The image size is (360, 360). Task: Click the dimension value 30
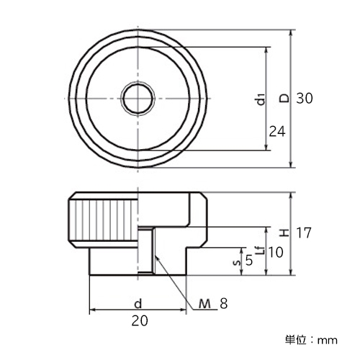305,99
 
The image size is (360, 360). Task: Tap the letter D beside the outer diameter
285,99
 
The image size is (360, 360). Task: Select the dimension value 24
277,132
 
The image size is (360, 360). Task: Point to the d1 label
261,99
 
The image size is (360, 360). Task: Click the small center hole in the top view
138,99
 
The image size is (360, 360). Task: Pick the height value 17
304,233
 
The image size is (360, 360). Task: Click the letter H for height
285,233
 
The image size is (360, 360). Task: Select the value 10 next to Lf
276,252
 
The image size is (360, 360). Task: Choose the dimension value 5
249,261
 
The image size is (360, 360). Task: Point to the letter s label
237,263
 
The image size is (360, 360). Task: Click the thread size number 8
223,304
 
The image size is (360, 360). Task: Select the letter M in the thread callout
204,304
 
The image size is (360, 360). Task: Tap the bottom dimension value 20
140,320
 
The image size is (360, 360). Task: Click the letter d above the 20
138,304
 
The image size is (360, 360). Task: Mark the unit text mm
328,341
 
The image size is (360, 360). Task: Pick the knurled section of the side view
103,220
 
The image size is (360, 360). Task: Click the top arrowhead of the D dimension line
291,30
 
